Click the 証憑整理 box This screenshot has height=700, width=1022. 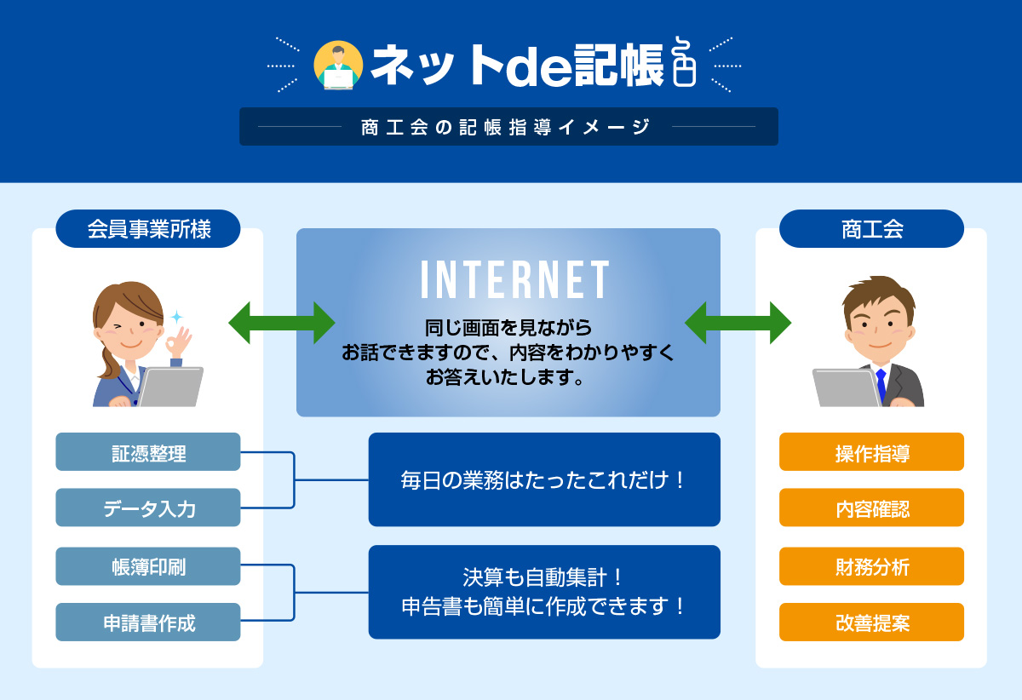point(148,451)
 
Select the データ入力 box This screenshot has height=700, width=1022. point(148,507)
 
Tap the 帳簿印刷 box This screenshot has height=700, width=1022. point(148,565)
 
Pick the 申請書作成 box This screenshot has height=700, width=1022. point(148,622)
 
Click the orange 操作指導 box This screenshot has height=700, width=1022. point(871,451)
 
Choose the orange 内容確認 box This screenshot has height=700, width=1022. point(871,507)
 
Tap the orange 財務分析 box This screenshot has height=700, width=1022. point(871,565)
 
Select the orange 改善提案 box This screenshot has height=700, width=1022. point(871,622)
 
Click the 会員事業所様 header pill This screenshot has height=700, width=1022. point(148,228)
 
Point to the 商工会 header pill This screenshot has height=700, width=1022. point(871,228)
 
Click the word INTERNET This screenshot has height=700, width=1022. point(514,279)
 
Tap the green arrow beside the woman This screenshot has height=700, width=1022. point(282,323)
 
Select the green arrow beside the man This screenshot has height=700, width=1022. point(738,323)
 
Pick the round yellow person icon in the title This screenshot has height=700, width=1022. point(338,66)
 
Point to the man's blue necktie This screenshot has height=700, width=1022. point(881,386)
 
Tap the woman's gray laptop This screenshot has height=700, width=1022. point(170,387)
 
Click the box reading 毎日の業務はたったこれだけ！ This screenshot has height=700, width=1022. point(544,479)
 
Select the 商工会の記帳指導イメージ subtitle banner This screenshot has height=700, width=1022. point(508,126)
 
